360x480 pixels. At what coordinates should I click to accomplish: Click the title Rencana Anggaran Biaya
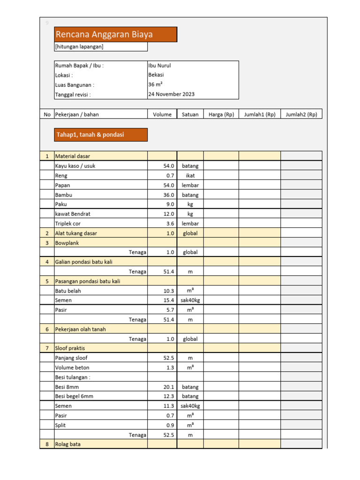click(104, 34)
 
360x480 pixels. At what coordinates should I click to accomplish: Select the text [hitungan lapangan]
click(79, 47)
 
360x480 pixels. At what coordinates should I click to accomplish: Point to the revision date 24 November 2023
click(171, 94)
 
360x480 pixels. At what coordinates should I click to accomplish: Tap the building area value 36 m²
click(156, 85)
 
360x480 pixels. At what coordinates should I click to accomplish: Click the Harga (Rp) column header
click(221, 114)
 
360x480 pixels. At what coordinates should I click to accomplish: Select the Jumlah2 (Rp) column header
click(301, 114)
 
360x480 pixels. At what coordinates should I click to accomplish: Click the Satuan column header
click(190, 114)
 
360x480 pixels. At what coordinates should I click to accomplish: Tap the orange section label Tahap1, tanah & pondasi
click(90, 135)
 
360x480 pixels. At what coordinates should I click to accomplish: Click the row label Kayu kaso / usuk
click(75, 166)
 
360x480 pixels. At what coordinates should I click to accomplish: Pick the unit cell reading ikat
click(190, 175)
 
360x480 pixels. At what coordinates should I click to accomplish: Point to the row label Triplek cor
click(68, 224)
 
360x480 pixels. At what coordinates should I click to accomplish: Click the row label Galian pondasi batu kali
click(83, 262)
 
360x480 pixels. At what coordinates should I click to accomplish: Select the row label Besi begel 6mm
click(74, 396)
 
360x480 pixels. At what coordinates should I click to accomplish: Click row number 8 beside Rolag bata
click(47, 444)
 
